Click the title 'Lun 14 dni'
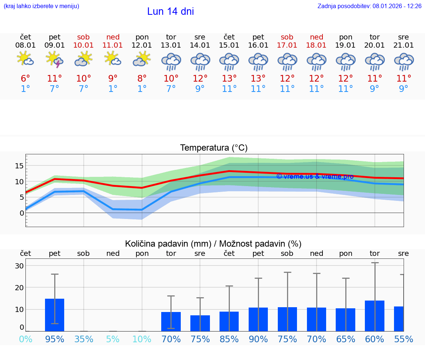click(x=170, y=11)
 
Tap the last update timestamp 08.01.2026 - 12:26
click(x=397, y=6)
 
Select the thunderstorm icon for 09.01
click(x=54, y=59)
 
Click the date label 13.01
click(x=171, y=45)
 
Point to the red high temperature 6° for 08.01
click(x=25, y=79)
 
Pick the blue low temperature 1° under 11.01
click(x=113, y=89)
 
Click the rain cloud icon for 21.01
click(x=404, y=62)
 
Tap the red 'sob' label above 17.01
click(x=287, y=37)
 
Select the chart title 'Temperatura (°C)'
click(x=214, y=148)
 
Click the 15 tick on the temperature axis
click(x=19, y=166)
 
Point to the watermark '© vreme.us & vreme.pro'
click(x=315, y=176)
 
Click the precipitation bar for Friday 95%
click(x=55, y=315)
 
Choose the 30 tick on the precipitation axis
click(x=19, y=266)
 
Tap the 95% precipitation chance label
click(x=55, y=339)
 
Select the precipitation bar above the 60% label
click(x=374, y=316)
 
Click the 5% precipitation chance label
click(x=113, y=339)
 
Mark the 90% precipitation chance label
click(x=258, y=339)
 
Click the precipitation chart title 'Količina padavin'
click(x=168, y=244)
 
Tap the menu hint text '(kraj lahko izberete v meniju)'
click(x=41, y=6)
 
